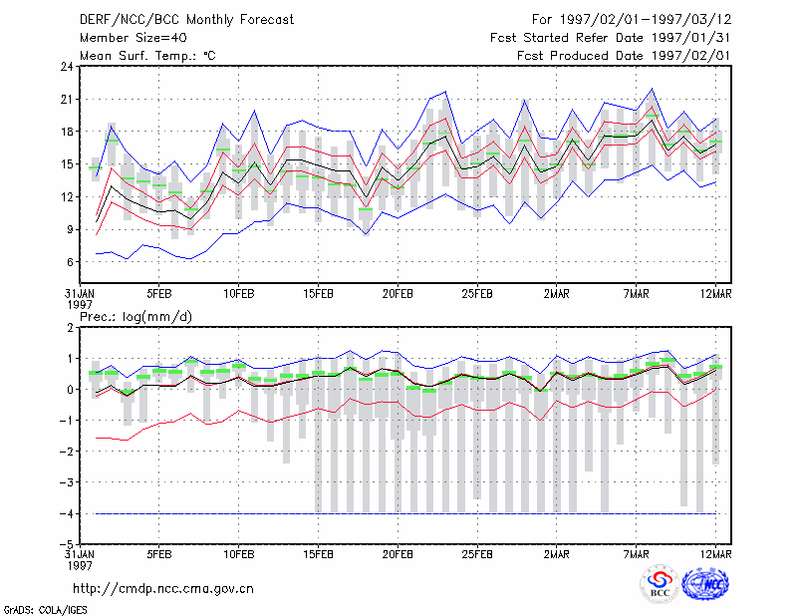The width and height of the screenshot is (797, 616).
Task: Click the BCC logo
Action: (660, 585)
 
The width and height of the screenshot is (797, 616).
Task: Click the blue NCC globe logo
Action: (705, 584)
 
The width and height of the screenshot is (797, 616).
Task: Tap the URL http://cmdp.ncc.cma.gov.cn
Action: (163, 589)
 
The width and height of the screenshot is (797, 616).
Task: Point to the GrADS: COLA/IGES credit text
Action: (45, 609)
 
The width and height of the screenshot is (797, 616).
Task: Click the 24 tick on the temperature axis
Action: (67, 67)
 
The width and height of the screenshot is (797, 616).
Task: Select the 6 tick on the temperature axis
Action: (70, 262)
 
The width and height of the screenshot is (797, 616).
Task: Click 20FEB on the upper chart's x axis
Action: (398, 294)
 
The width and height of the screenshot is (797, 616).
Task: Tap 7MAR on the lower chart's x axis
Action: (636, 554)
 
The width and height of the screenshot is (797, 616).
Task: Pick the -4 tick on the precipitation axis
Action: (67, 513)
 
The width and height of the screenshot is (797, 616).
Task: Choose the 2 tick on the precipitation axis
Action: (70, 328)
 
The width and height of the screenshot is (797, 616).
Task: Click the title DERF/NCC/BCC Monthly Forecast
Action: (186, 20)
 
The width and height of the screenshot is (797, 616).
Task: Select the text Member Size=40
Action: (133, 38)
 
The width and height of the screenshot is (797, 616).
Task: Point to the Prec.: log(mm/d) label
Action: (135, 317)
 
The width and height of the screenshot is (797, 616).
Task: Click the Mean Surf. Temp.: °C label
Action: (147, 56)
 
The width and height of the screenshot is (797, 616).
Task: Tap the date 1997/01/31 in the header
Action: (690, 38)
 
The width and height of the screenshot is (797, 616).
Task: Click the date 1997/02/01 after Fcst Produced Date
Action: (690, 56)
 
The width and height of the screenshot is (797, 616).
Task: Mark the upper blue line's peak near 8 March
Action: (652, 89)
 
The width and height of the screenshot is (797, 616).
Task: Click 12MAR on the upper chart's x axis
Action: (715, 294)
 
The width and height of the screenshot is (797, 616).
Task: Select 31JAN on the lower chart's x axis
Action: (80, 554)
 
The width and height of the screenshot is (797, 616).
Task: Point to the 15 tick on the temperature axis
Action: (67, 164)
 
